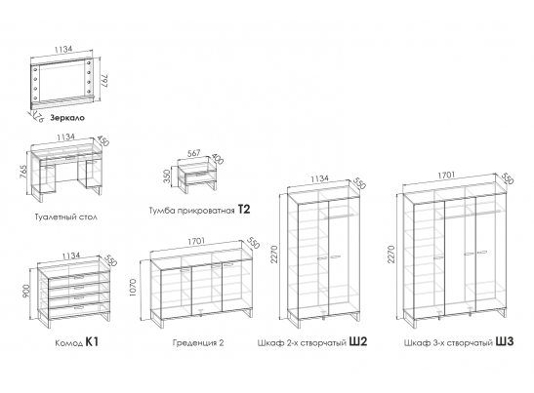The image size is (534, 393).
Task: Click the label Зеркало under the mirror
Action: (67, 118)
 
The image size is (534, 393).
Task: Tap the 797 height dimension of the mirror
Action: (105, 81)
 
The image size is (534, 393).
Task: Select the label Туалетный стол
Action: (66, 216)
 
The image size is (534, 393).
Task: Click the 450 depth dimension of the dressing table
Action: (103, 140)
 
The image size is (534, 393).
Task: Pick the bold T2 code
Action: (244, 210)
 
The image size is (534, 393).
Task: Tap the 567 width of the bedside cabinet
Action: (193, 153)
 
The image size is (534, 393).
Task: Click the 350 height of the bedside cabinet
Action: (167, 177)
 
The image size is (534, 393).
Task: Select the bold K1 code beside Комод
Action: (92, 341)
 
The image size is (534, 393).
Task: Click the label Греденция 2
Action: (198, 342)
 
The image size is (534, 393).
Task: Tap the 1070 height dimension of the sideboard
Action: (133, 288)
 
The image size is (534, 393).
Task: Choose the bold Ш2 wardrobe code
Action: (358, 341)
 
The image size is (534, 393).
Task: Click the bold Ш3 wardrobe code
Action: (505, 341)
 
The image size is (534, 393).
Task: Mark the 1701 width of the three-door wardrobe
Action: (446, 175)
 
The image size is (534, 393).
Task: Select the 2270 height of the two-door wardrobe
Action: (275, 255)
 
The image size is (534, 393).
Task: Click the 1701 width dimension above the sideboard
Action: (196, 241)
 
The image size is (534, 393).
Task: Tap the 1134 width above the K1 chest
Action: (71, 255)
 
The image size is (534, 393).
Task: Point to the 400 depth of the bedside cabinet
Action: (218, 159)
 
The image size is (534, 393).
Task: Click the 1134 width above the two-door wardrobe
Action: (320, 178)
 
